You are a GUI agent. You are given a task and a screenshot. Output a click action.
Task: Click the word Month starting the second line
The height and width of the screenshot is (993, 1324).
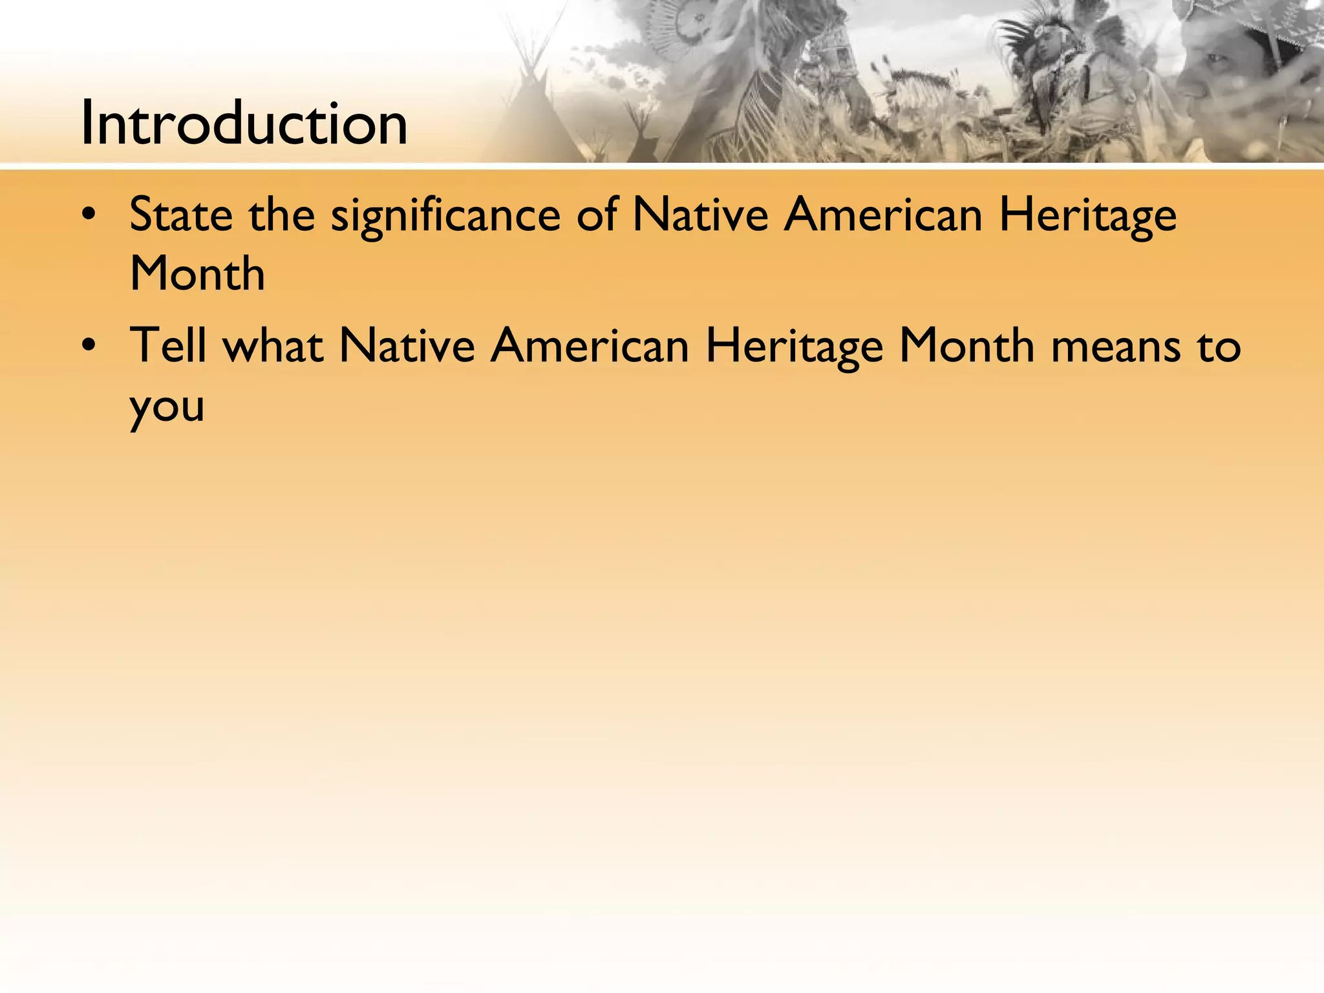point(197,273)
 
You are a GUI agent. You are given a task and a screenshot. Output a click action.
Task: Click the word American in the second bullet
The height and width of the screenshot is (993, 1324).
point(590,345)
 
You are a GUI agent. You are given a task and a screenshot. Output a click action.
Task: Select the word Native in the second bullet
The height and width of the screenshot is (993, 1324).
point(407,345)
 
